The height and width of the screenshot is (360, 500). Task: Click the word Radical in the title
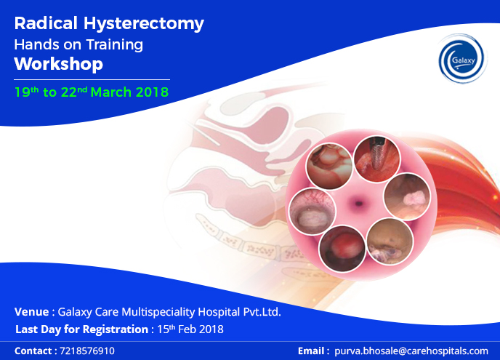pos(46,23)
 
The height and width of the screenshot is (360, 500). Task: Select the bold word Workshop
pos(59,64)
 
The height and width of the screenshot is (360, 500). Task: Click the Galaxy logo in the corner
pos(462,59)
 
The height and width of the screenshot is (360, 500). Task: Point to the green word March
pos(111,92)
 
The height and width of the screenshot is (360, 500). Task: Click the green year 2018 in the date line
pos(152,92)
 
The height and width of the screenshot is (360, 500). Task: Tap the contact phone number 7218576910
pos(87,351)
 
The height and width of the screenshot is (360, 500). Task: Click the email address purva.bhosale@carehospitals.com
pos(411,351)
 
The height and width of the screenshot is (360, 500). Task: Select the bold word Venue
pos(31,312)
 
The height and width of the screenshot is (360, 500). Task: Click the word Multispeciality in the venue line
pos(158,312)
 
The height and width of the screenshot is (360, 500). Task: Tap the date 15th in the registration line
pos(166,329)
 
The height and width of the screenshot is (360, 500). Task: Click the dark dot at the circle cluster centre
pos(359,203)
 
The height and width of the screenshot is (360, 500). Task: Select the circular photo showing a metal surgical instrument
pos(377,159)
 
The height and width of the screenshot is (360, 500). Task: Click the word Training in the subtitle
pos(115,45)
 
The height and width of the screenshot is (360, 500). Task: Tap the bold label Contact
pos(33,351)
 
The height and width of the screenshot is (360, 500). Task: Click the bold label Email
pos(312,351)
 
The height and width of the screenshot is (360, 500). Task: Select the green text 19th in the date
pos(26,92)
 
